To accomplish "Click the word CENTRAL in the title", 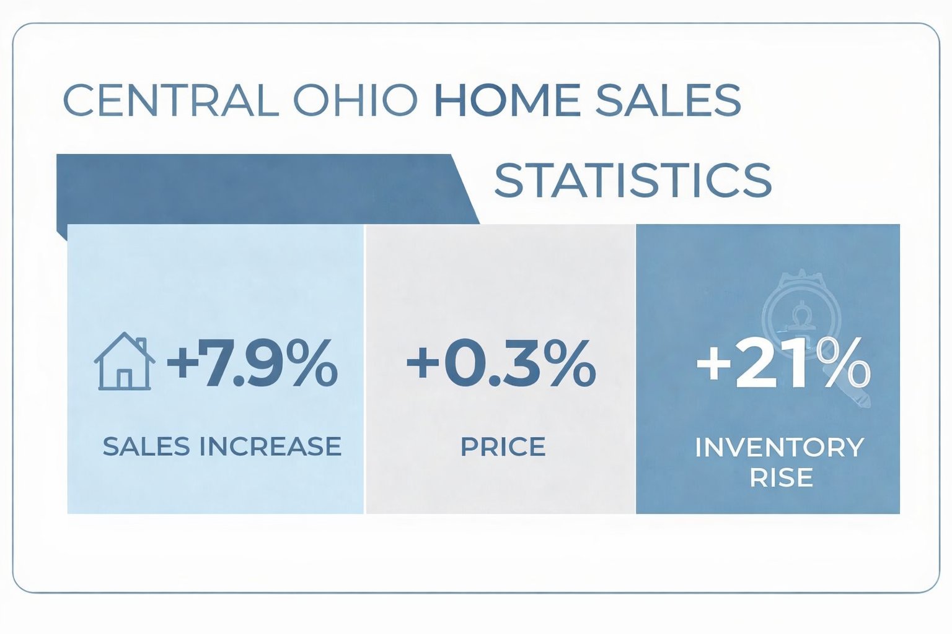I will pyautogui.click(x=171, y=100).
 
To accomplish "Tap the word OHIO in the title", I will pyautogui.click(x=355, y=100).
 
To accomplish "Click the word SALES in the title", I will pyautogui.click(x=668, y=100).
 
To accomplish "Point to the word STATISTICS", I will pyautogui.click(x=633, y=180).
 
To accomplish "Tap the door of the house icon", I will pyautogui.click(x=125, y=378).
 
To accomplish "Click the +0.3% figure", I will pyautogui.click(x=501, y=363).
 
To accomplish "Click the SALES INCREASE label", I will pyautogui.click(x=222, y=446).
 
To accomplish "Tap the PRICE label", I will pyautogui.click(x=503, y=446).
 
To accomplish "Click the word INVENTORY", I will pyautogui.click(x=779, y=447).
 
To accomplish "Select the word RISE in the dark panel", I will pyautogui.click(x=781, y=477).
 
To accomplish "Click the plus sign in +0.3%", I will pyautogui.click(x=423, y=363).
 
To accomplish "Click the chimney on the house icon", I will pyautogui.click(x=141, y=344).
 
